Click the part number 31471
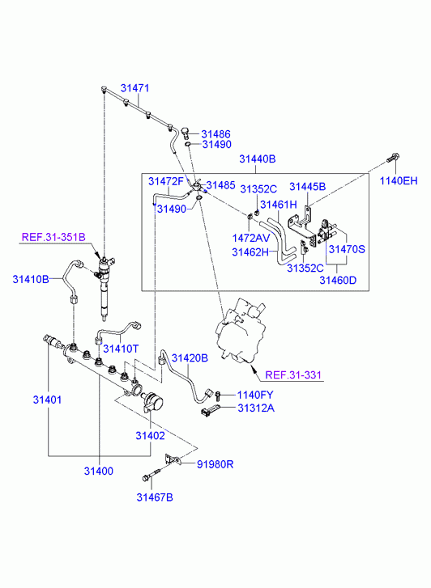point(135,88)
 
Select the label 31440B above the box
point(258,159)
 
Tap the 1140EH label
point(399,180)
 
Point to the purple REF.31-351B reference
point(53,237)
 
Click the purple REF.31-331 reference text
point(293,374)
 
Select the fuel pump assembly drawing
point(241,330)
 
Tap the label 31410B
point(31,279)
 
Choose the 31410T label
point(121,349)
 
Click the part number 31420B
point(190,358)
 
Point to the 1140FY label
point(255,395)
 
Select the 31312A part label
point(256,408)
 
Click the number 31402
point(151,436)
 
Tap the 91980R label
point(215,464)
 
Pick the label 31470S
point(347,249)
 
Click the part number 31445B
point(307,187)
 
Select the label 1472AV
point(251,238)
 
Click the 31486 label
point(215,134)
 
